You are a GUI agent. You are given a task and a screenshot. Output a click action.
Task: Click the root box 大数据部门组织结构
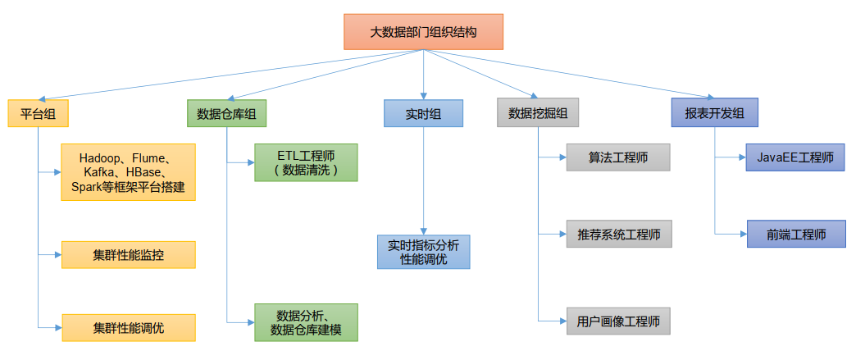[422, 33]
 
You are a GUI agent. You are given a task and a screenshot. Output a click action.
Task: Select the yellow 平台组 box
[38, 113]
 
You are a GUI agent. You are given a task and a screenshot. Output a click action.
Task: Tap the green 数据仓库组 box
[226, 113]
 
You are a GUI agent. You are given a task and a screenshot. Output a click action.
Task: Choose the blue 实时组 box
[423, 113]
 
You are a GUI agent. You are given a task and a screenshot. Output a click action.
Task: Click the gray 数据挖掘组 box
[537, 113]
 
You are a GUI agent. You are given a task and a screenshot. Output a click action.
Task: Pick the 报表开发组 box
[714, 112]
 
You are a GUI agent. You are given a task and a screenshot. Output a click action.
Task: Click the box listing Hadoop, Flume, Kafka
[128, 172]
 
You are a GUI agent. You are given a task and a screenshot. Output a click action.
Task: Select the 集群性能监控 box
[128, 254]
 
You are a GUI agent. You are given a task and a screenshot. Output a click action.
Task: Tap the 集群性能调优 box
[128, 327]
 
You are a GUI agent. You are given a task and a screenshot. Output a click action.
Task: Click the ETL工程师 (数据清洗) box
[305, 162]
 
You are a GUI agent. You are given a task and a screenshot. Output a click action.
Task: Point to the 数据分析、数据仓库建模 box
[305, 322]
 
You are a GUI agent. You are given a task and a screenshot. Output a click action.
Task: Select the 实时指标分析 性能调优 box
[423, 252]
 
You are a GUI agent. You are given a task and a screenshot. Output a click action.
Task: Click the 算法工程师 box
[617, 157]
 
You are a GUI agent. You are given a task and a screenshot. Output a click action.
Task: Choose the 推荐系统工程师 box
[617, 234]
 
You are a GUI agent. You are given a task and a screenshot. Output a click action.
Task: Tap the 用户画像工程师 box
[617, 321]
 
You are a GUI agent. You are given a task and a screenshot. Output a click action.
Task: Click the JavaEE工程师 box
[795, 157]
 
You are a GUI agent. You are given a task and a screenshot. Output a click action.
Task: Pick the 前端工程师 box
[795, 234]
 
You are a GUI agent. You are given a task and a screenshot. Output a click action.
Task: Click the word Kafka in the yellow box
[100, 172]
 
